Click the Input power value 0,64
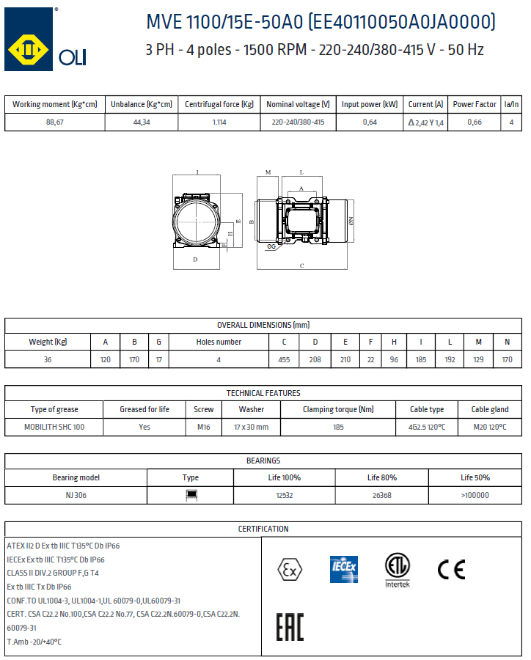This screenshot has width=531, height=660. pyautogui.click(x=370, y=122)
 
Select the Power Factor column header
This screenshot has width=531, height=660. pyautogui.click(x=475, y=105)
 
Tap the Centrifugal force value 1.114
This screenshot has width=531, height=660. pyautogui.click(x=219, y=122)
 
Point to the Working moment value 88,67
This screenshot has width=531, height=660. pyautogui.click(x=55, y=122)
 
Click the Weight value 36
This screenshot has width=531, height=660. pyautogui.click(x=48, y=359)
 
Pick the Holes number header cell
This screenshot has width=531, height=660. pyautogui.click(x=219, y=342)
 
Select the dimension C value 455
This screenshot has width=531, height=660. pyautogui.click(x=284, y=359)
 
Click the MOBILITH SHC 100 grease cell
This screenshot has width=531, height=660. pyautogui.click(x=54, y=427)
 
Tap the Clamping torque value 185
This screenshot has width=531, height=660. pyautogui.click(x=338, y=427)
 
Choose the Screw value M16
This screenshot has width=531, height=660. pyautogui.click(x=203, y=427)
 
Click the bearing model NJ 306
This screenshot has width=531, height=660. pyautogui.click(x=76, y=495)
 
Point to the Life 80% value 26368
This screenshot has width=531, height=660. pyautogui.click(x=382, y=495)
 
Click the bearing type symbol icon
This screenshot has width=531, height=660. pyautogui.click(x=191, y=495)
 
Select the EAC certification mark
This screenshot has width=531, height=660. pyautogui.click(x=290, y=627)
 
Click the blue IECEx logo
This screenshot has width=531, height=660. pyautogui.click(x=343, y=568)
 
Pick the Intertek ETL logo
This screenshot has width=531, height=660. pyautogui.click(x=398, y=570)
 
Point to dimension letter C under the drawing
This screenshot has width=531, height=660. pyautogui.click(x=302, y=266)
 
